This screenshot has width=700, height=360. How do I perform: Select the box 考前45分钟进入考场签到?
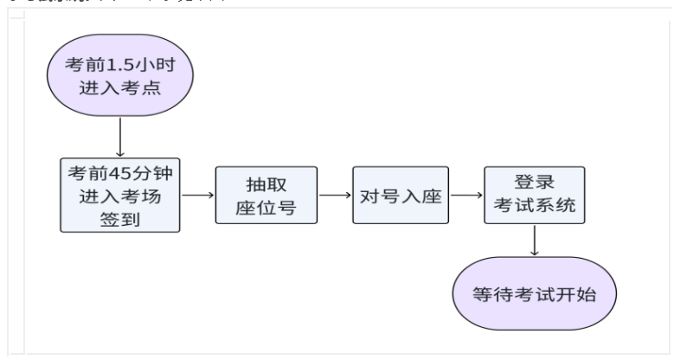coord(119,194)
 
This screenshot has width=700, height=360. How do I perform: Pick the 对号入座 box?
coord(401,196)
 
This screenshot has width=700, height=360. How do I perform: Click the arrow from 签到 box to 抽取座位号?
coord(197,194)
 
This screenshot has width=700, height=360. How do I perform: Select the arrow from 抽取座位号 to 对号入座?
coord(335,196)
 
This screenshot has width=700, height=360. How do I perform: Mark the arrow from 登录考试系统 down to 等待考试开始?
coord(535,241)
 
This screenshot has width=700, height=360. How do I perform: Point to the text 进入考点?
coord(119,88)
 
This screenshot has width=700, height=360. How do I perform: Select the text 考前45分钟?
coord(119,171)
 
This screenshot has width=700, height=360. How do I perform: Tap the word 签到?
coord(119,216)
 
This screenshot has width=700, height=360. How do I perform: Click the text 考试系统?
coord(534,208)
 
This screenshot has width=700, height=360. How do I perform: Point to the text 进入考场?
coord(119,194)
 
